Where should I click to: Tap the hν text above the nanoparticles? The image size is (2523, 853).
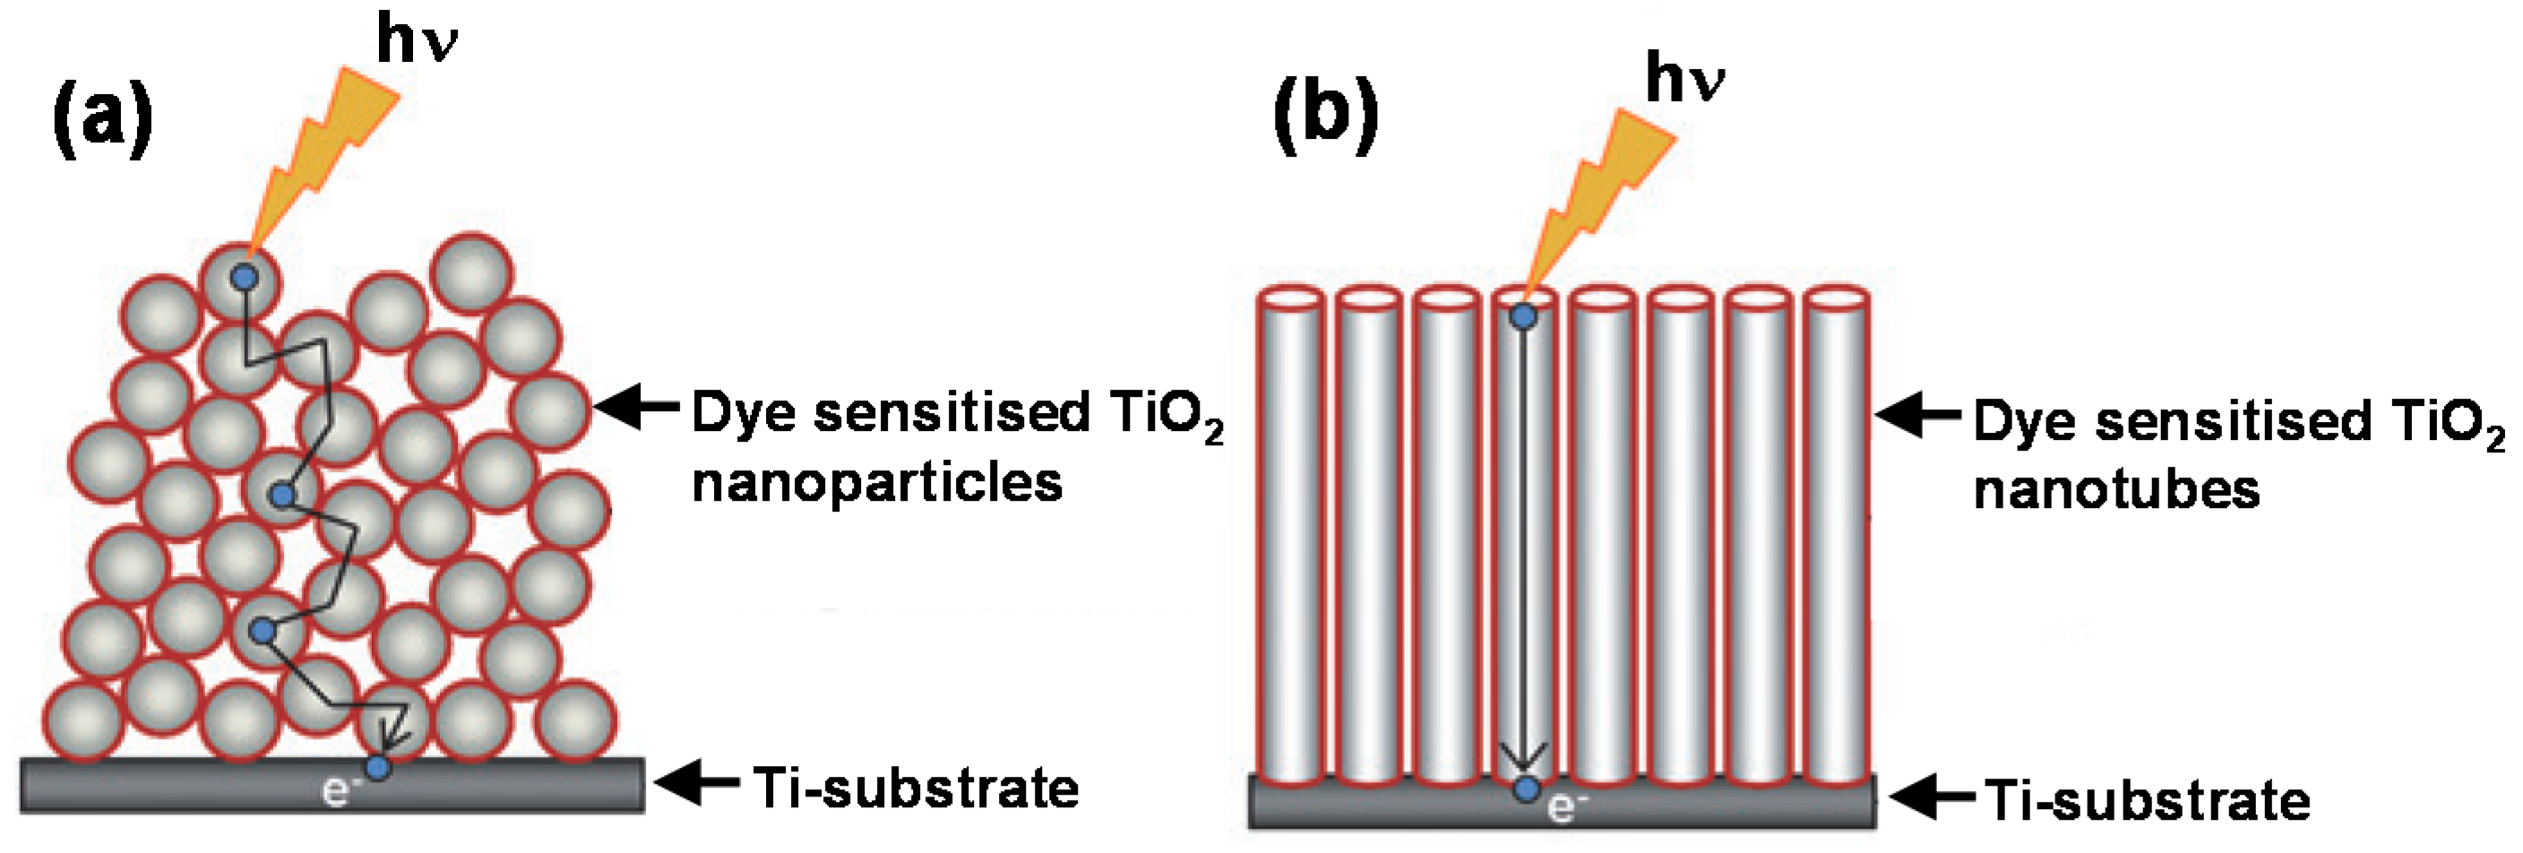pos(417,41)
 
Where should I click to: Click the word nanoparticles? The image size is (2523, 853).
pos(876,483)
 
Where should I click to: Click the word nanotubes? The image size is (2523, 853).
pos(2115,489)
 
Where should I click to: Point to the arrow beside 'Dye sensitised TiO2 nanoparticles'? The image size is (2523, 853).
pos(637,407)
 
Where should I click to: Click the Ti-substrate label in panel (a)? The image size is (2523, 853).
pos(916,789)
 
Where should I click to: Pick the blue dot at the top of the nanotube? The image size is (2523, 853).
pos(1523,316)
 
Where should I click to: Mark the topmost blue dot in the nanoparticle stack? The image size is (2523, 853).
pos(244,277)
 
